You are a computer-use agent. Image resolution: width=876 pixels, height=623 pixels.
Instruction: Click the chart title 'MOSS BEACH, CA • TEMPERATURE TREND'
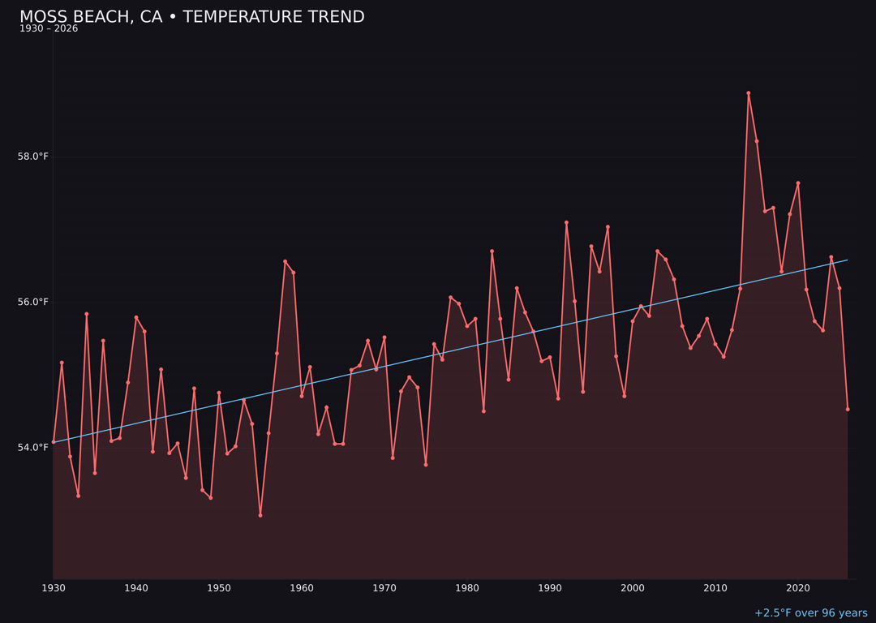click(192, 17)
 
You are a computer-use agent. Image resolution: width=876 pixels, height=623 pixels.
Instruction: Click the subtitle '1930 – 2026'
click(49, 29)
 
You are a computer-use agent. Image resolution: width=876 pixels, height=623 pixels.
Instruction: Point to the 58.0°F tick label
click(33, 157)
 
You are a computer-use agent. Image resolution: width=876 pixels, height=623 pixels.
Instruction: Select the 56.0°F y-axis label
click(33, 303)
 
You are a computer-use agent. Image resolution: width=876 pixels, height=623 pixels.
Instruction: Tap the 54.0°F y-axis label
click(33, 448)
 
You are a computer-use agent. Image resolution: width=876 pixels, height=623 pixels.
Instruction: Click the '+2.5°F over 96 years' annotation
click(810, 613)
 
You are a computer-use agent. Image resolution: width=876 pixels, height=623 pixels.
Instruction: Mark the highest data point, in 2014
click(749, 93)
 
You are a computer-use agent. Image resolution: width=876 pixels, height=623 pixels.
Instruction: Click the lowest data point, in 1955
click(260, 515)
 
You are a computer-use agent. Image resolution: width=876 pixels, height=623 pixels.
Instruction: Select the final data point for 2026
click(848, 409)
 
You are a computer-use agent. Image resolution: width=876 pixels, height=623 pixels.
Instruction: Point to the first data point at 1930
click(54, 442)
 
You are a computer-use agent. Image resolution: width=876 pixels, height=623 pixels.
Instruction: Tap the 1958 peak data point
click(285, 261)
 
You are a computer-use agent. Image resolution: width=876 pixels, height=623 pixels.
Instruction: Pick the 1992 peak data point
click(566, 222)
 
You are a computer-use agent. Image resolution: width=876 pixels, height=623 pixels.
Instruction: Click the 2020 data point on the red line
click(798, 183)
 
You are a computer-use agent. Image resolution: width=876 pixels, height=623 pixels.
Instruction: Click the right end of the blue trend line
click(848, 260)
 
